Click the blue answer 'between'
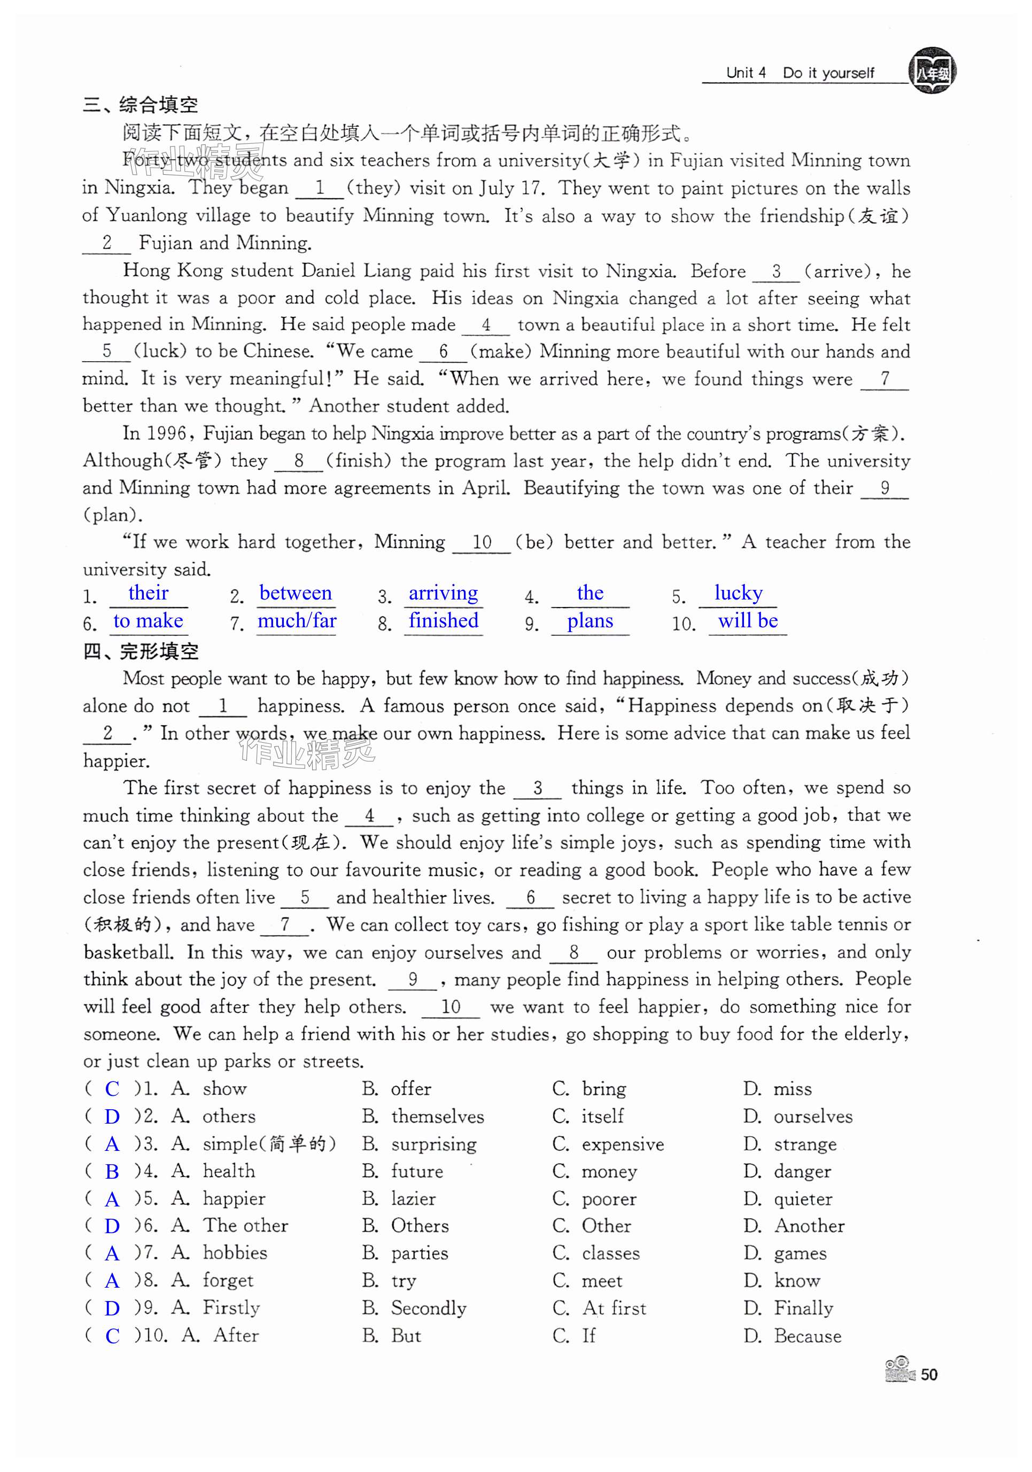pyautogui.click(x=296, y=593)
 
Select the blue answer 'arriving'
pyautogui.click(x=443, y=593)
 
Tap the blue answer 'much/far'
pyautogui.click(x=297, y=621)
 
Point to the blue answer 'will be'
pyautogui.click(x=748, y=621)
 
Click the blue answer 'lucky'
pyautogui.click(x=738, y=593)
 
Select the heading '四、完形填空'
pyautogui.click(x=141, y=651)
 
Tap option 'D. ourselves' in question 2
pyautogui.click(x=798, y=1117)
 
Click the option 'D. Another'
pyautogui.click(x=794, y=1226)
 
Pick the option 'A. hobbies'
pyautogui.click(x=219, y=1253)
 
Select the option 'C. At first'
pyautogui.click(x=600, y=1308)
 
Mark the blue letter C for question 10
pyautogui.click(x=112, y=1336)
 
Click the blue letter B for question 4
pyautogui.click(x=112, y=1172)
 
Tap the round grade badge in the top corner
pyautogui.click(x=932, y=71)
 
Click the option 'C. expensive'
pyautogui.click(x=608, y=1144)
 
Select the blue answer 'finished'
pyautogui.click(x=443, y=621)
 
